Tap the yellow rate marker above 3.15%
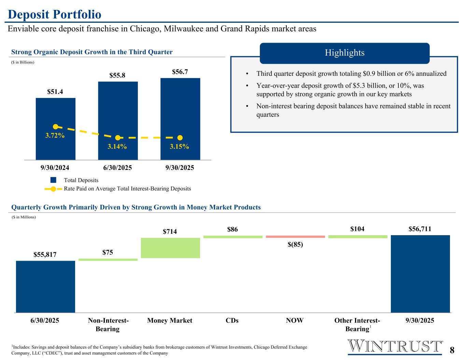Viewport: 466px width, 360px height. coord(180,138)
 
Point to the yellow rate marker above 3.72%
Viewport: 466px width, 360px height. coord(55,127)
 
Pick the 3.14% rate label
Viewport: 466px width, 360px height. coord(117,147)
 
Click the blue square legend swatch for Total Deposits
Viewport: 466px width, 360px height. coord(53,180)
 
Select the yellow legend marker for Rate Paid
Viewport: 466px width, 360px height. coord(53,189)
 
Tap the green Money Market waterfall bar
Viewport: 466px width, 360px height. coord(170,248)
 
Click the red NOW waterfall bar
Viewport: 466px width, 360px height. coord(295,236)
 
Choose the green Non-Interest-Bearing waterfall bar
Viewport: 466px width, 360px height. coord(108,260)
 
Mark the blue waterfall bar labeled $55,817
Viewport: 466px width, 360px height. coord(45,287)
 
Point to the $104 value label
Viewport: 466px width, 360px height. coord(357,229)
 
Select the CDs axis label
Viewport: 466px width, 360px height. coord(232,320)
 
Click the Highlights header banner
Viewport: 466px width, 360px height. coord(344,53)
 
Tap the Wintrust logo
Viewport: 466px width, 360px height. coord(395,346)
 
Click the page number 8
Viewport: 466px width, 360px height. coord(452,350)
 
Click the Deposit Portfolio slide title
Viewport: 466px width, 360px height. coord(55,14)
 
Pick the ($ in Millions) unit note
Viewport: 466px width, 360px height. coord(24,217)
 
